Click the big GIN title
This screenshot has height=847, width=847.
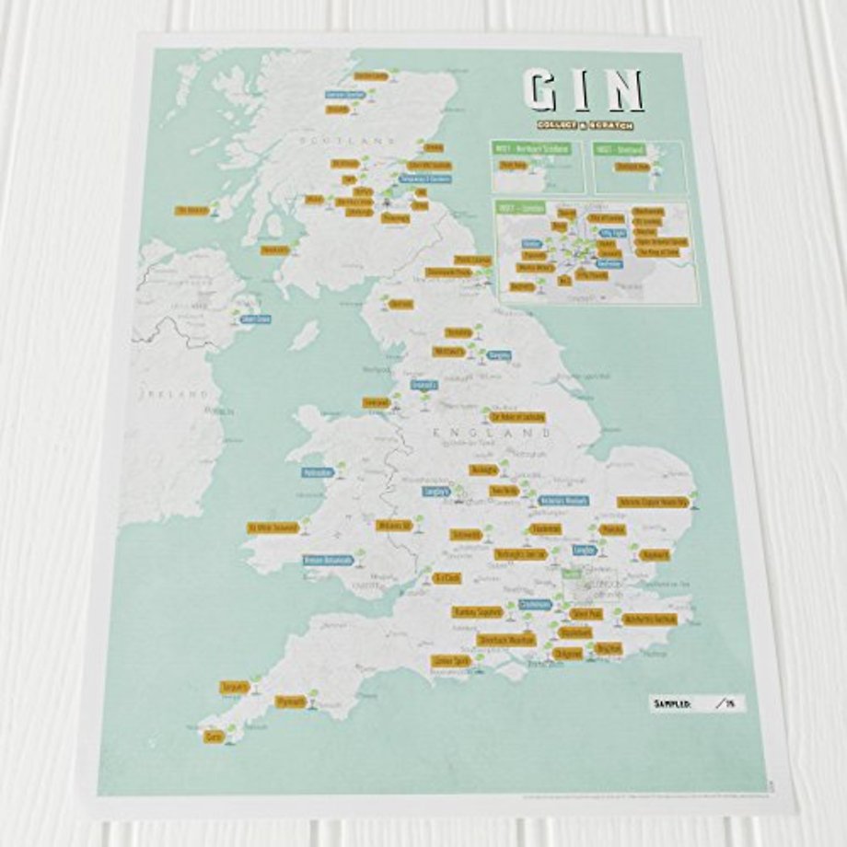(x=583, y=91)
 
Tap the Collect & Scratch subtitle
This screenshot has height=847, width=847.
(x=581, y=125)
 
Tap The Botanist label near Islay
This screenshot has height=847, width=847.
(x=191, y=210)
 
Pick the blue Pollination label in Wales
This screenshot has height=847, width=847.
(x=318, y=473)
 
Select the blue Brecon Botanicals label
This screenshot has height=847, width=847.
(x=329, y=560)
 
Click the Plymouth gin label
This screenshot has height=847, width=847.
(x=291, y=702)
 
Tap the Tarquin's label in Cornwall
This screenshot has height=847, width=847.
(x=234, y=687)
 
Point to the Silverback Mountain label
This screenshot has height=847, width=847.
(x=505, y=639)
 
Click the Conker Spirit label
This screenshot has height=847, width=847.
(x=450, y=660)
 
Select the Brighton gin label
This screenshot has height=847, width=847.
(x=609, y=649)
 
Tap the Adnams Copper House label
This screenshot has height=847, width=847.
(x=653, y=502)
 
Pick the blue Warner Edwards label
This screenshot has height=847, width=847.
(x=563, y=501)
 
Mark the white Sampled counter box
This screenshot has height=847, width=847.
(x=697, y=703)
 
